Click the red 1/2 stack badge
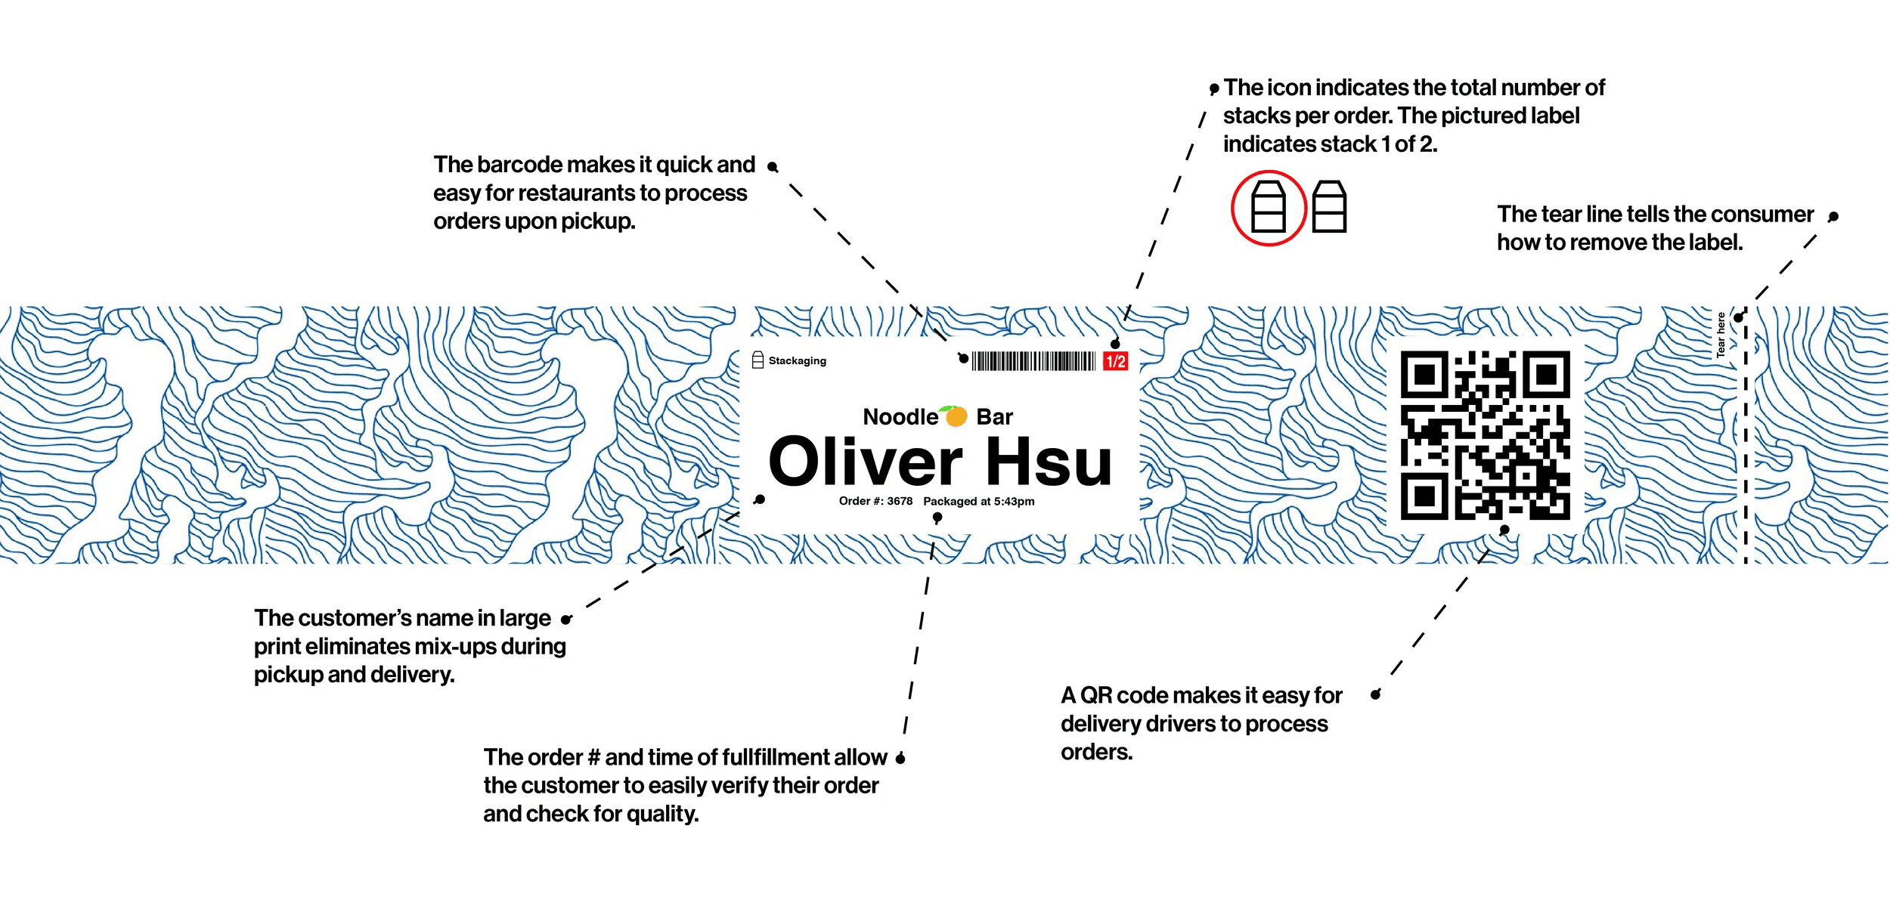(x=1115, y=362)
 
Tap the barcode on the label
(x=1033, y=361)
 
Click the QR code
(x=1485, y=435)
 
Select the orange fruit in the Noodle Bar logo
(x=956, y=416)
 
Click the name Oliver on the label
(x=865, y=462)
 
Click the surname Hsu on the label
(x=1049, y=462)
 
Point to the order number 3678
(x=900, y=501)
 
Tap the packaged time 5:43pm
(x=1014, y=501)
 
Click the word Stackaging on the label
(x=797, y=361)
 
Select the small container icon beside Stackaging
(x=758, y=360)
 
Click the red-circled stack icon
(x=1269, y=208)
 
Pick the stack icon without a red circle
(x=1329, y=207)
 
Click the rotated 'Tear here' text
(x=1721, y=335)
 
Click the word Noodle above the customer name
(x=900, y=417)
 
